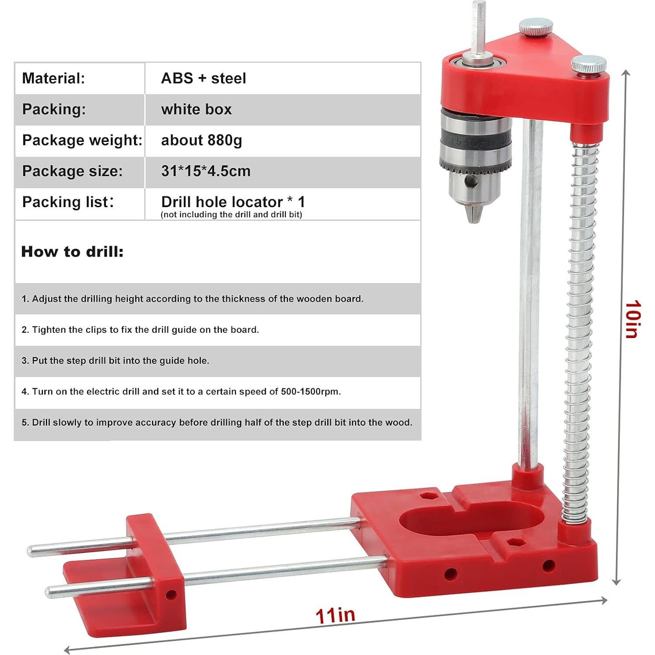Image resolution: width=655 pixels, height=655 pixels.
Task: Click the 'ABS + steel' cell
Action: (x=204, y=78)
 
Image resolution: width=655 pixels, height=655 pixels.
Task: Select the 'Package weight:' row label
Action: (x=82, y=141)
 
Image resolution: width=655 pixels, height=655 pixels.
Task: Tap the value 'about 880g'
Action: (x=201, y=141)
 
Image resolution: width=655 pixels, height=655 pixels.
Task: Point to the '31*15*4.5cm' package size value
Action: (x=206, y=171)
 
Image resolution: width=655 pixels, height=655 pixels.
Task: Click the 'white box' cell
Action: (x=196, y=109)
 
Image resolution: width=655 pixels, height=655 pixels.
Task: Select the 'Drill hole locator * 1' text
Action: (x=233, y=202)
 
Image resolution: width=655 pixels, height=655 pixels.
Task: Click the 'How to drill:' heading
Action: (x=72, y=252)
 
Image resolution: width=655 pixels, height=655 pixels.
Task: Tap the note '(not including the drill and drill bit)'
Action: (x=231, y=215)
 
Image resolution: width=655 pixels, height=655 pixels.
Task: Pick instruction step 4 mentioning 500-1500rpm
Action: (x=181, y=392)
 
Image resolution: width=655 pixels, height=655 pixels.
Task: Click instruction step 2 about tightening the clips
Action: (x=140, y=330)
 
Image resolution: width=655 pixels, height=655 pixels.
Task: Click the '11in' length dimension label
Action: (x=335, y=615)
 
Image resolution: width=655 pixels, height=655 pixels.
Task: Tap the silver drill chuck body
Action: (x=476, y=153)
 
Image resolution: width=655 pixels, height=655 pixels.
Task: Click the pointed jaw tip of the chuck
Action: (x=475, y=216)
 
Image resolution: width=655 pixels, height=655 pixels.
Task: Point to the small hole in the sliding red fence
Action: (x=171, y=595)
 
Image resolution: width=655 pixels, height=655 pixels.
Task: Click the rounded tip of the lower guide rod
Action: (x=49, y=591)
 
